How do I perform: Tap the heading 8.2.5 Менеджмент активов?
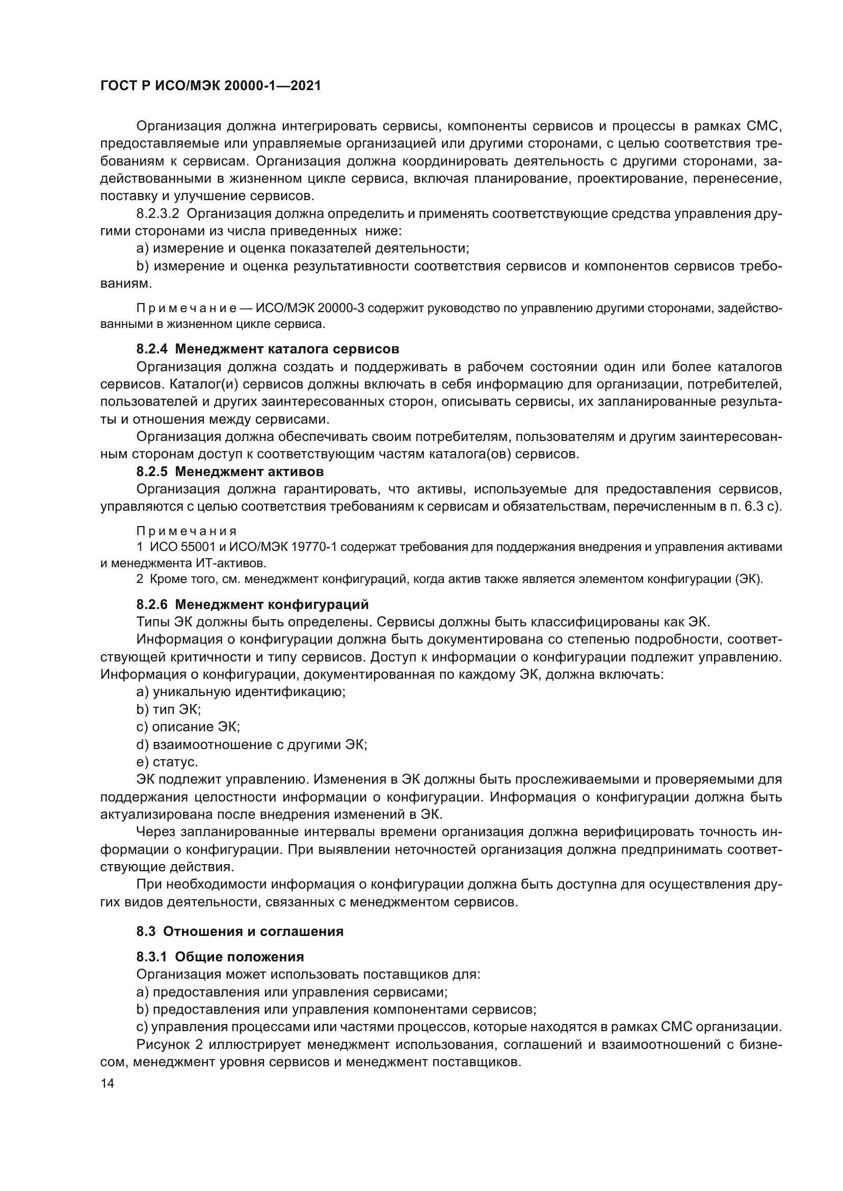point(230,472)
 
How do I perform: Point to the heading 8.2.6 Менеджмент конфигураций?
point(252,604)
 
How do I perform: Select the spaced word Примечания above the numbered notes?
point(187,531)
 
